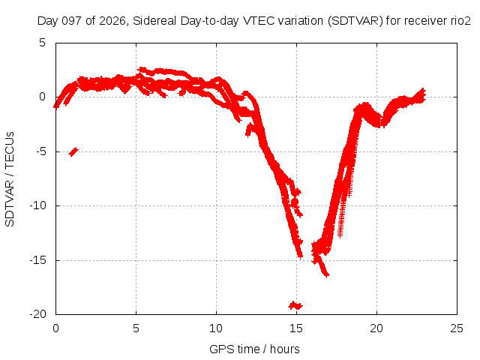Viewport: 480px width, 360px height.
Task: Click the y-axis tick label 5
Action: coord(42,43)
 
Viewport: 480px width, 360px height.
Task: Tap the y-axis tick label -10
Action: coord(38,205)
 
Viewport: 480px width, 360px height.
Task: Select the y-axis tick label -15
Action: coord(38,260)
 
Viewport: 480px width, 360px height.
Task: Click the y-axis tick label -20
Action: coord(38,313)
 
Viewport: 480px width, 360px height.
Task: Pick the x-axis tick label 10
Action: coord(216,328)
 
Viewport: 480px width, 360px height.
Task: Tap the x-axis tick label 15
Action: coord(296,328)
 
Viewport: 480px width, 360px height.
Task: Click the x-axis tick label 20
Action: coord(376,328)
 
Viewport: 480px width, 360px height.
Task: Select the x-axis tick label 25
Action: coord(457,328)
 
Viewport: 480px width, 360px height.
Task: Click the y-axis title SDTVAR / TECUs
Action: coord(10,179)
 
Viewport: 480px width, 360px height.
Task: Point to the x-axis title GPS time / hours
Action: coord(254,349)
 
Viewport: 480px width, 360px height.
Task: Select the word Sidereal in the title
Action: coord(154,21)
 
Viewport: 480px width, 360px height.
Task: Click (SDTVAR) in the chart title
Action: coord(355,21)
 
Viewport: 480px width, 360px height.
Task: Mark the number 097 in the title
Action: coord(72,21)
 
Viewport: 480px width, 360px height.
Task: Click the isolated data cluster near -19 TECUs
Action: coord(295,305)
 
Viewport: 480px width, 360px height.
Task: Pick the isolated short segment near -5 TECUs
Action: coord(73,151)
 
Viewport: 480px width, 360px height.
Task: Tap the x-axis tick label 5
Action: coord(136,328)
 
